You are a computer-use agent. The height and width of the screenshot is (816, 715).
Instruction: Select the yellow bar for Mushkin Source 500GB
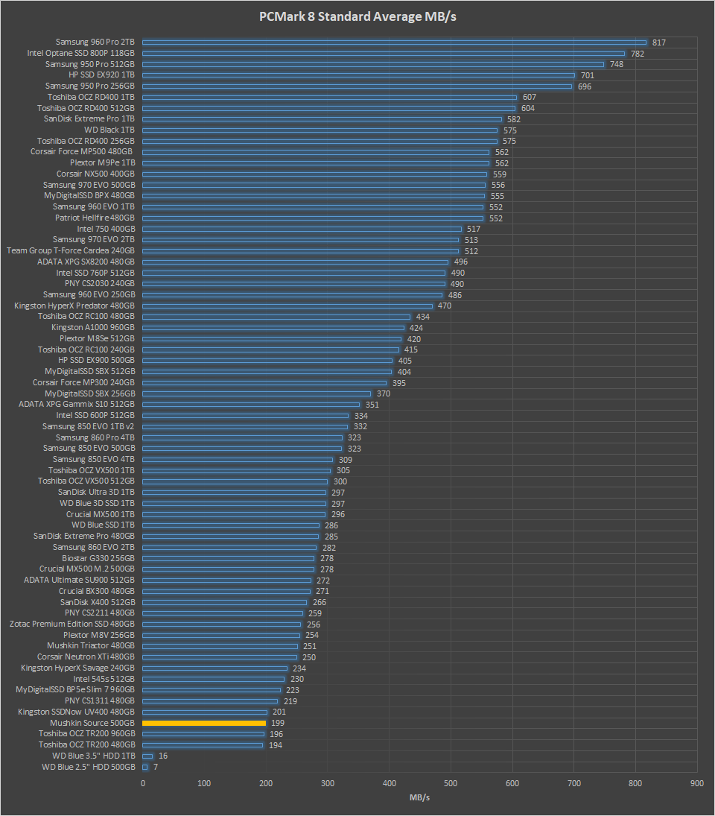[204, 723]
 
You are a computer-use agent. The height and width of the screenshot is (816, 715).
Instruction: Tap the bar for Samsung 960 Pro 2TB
[394, 42]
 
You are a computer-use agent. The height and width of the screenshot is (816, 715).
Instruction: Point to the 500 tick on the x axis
[451, 783]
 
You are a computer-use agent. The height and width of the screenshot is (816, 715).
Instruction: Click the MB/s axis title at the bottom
[419, 798]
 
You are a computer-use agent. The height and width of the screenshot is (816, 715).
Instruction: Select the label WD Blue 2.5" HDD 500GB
[89, 767]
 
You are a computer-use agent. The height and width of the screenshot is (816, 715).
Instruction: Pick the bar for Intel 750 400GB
[302, 229]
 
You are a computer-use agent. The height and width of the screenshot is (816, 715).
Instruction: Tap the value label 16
[163, 756]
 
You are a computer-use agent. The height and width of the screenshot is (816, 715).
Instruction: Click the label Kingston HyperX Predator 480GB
[74, 306]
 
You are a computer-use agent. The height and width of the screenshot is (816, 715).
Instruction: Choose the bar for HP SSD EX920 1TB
[358, 75]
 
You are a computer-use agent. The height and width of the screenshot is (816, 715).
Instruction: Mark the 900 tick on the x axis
[697, 783]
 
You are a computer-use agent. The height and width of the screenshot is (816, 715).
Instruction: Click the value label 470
[445, 306]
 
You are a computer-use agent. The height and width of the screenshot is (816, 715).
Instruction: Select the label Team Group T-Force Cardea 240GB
[71, 250]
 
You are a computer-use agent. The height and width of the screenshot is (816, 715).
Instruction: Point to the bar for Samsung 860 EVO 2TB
[229, 547]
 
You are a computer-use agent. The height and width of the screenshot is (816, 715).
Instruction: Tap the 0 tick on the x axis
[143, 783]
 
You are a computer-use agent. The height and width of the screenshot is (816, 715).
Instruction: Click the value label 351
[372, 405]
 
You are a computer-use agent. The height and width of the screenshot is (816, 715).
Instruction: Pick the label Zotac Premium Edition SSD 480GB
[72, 624]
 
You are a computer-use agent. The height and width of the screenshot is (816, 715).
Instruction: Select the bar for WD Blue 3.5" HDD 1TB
[147, 756]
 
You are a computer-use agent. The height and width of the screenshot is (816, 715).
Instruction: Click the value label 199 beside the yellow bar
[278, 723]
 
